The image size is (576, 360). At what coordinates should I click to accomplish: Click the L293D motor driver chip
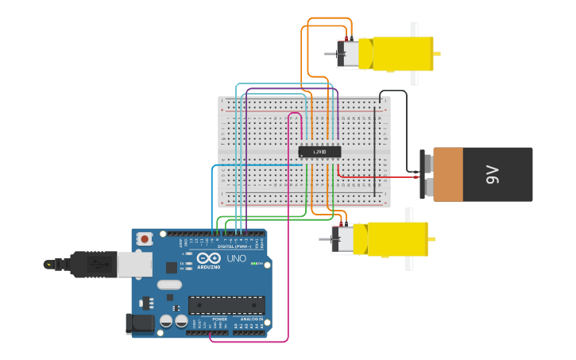coord(319,152)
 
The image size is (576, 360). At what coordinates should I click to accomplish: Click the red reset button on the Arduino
coord(145,238)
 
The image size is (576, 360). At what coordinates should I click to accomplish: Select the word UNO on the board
coord(236,258)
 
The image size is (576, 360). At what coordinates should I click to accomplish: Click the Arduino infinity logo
coord(208,258)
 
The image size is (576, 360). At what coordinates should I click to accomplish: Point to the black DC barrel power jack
coord(140,323)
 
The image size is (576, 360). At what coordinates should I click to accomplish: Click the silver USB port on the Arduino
coord(133,264)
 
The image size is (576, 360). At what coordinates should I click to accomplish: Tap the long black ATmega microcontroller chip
coord(226,305)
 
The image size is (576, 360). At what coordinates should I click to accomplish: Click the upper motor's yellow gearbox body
coord(395,54)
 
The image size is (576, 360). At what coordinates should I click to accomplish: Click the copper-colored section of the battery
coord(448,174)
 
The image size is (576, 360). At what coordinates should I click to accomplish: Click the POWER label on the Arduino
coord(219,319)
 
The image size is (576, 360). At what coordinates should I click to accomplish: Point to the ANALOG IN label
coord(252,319)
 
